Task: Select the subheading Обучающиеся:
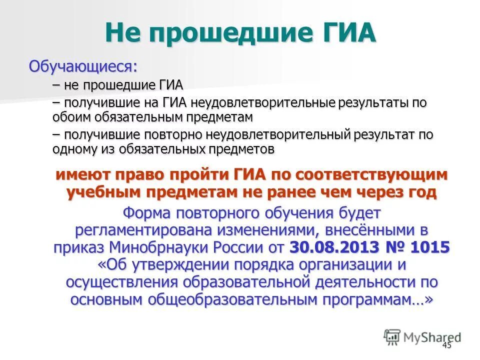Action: tap(83, 66)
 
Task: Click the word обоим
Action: tap(67, 117)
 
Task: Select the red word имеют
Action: tap(83, 175)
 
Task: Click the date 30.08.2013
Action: tap(332, 247)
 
